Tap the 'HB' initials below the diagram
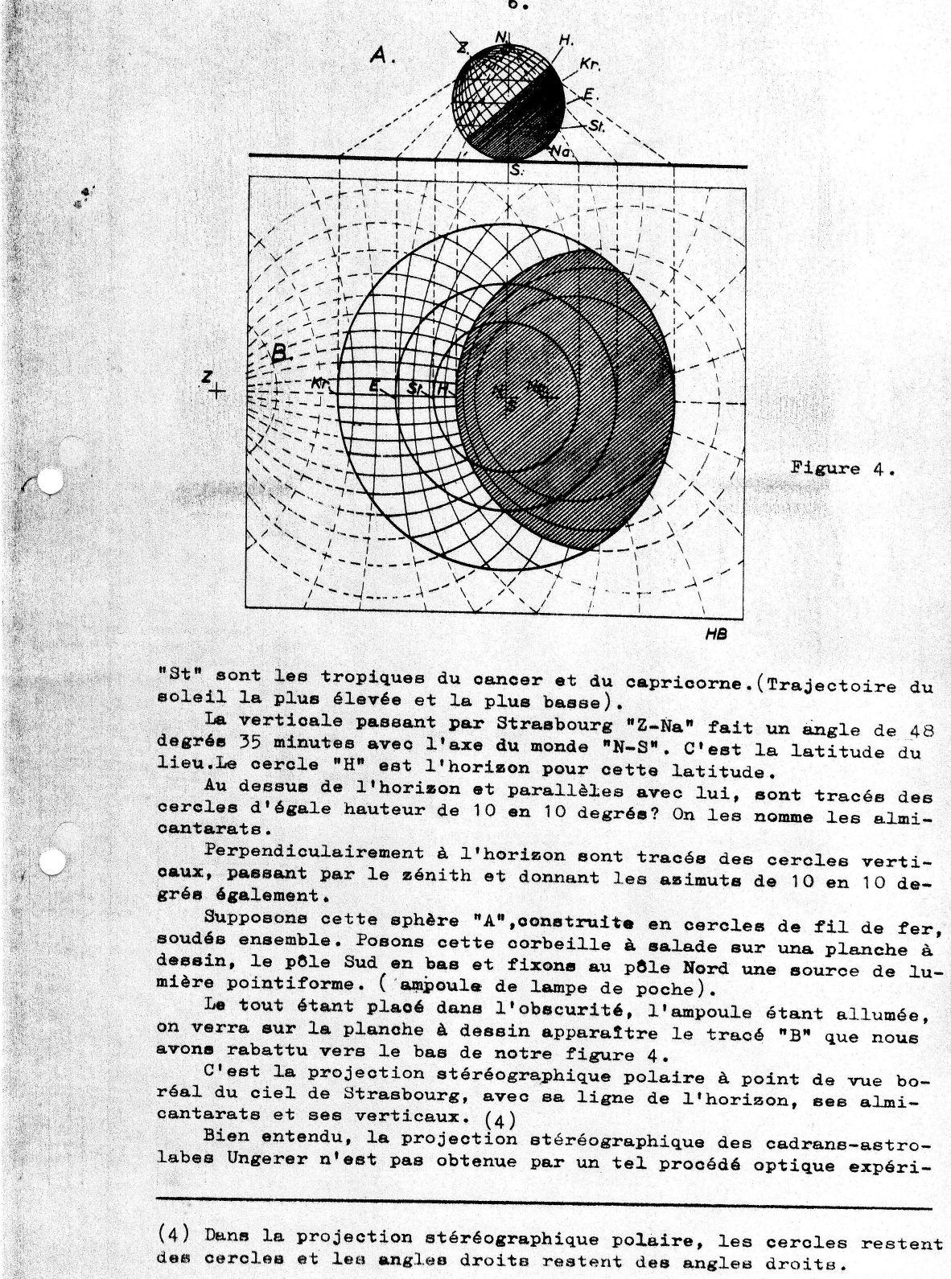click(716, 635)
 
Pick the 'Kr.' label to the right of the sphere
click(590, 64)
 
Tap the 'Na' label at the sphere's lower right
click(560, 151)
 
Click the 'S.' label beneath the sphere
click(515, 171)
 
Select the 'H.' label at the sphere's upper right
click(566, 40)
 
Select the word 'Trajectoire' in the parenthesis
click(830, 685)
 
